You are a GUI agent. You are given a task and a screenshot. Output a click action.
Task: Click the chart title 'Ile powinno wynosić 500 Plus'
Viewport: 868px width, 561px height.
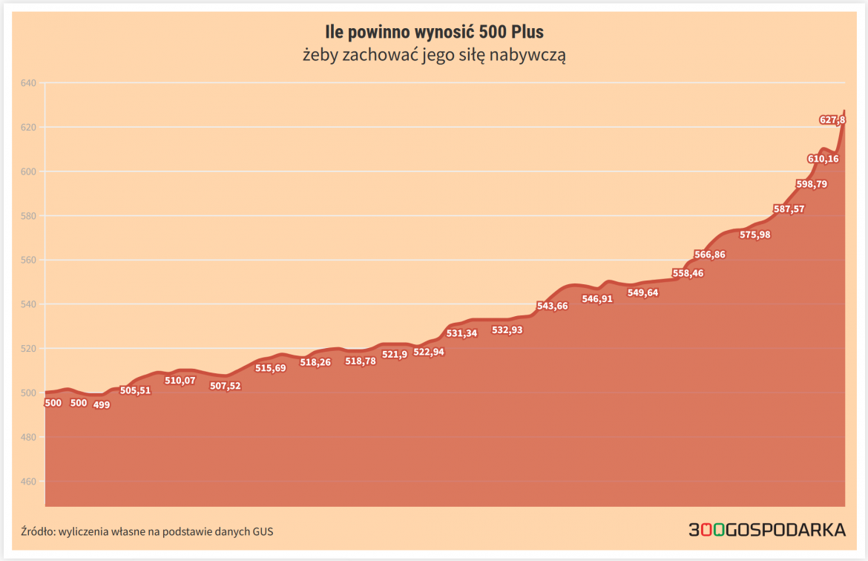434,32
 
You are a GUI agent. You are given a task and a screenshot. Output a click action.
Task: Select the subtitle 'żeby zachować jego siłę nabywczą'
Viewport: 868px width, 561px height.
434,55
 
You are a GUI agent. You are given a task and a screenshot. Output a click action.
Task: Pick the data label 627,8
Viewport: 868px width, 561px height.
832,119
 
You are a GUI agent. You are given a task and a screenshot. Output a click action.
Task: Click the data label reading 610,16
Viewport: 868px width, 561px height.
823,159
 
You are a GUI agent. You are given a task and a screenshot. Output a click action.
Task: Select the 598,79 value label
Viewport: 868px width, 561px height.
811,184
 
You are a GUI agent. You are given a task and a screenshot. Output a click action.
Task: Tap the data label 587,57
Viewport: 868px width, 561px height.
789,209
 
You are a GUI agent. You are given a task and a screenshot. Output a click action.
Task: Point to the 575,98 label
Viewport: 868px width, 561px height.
755,235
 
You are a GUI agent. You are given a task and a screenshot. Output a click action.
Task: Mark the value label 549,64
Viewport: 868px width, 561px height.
642,292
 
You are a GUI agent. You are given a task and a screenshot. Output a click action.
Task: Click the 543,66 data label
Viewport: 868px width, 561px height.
552,306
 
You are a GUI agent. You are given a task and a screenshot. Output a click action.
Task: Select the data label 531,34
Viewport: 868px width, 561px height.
461,333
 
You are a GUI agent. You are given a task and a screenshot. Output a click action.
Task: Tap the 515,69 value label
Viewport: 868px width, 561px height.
270,368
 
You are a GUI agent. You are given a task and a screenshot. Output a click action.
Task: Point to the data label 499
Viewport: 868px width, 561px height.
102,405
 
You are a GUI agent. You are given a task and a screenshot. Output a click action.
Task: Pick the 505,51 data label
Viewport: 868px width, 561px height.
135,390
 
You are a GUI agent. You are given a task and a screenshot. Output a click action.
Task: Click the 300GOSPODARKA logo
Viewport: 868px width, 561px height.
767,530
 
